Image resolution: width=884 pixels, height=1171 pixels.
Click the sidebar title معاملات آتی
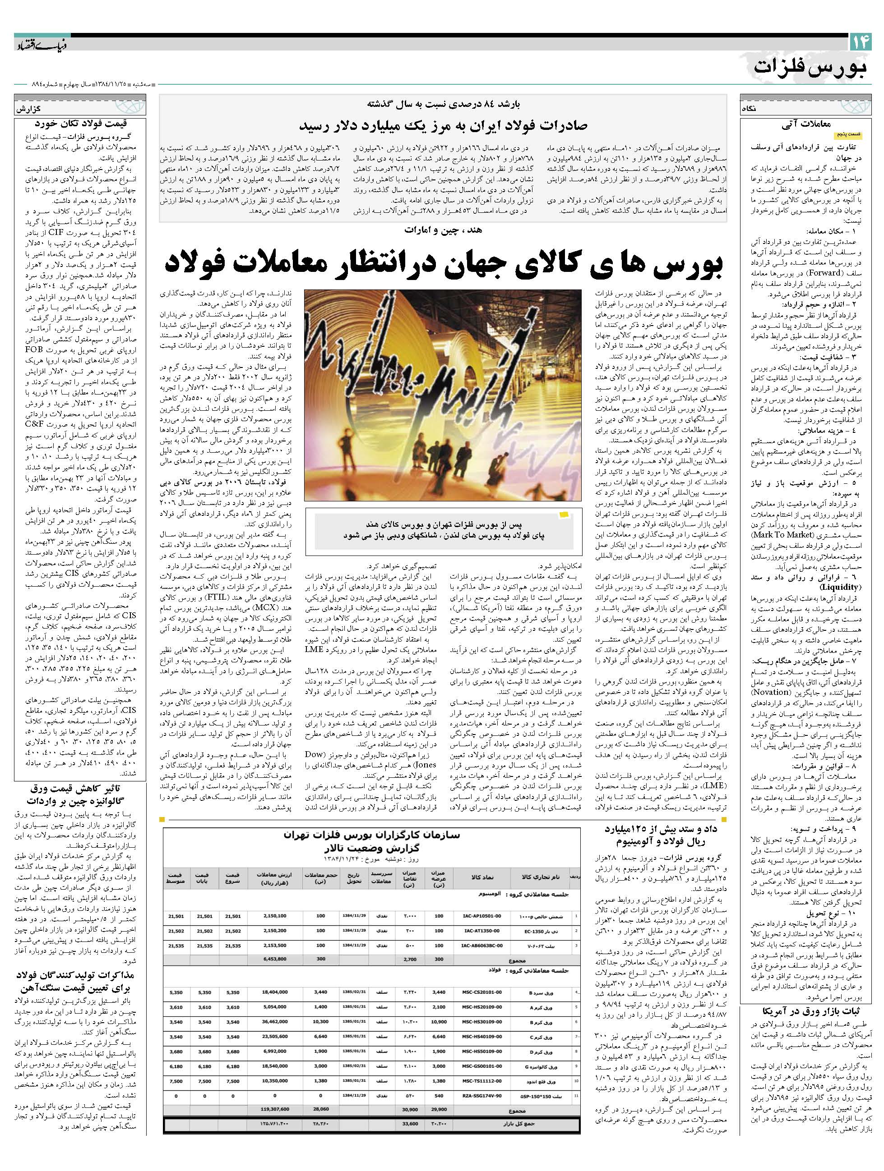coord(805,125)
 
